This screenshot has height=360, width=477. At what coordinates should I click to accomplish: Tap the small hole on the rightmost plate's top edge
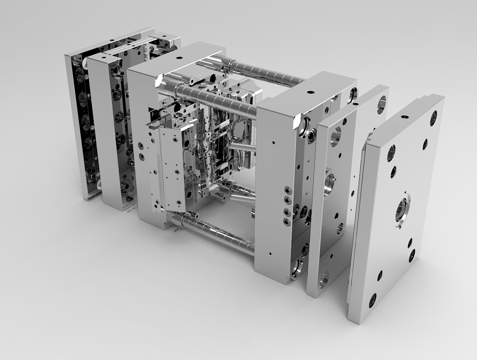pyautogui.click(x=405, y=117)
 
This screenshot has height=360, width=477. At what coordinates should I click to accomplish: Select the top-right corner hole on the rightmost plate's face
pyautogui.click(x=434, y=118)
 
